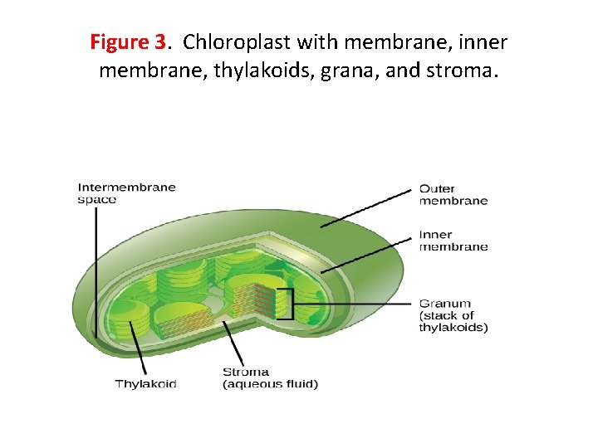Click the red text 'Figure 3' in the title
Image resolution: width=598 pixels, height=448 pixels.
coord(129,41)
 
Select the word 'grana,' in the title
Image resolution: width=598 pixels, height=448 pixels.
coord(349,70)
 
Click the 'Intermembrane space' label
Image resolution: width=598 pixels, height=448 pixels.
coord(126,192)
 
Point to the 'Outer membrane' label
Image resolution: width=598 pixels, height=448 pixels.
coord(453,194)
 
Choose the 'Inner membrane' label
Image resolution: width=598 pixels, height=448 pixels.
coord(453,241)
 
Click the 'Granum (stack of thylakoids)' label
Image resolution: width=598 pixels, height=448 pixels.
coord(453,315)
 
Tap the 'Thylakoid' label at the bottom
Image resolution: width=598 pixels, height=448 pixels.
coord(145,383)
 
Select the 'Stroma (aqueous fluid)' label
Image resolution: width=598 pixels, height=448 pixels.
coord(270,377)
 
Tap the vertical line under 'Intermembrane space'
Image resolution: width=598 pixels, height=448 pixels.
coord(96,274)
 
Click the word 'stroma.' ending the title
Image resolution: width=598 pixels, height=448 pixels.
coord(462,70)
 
